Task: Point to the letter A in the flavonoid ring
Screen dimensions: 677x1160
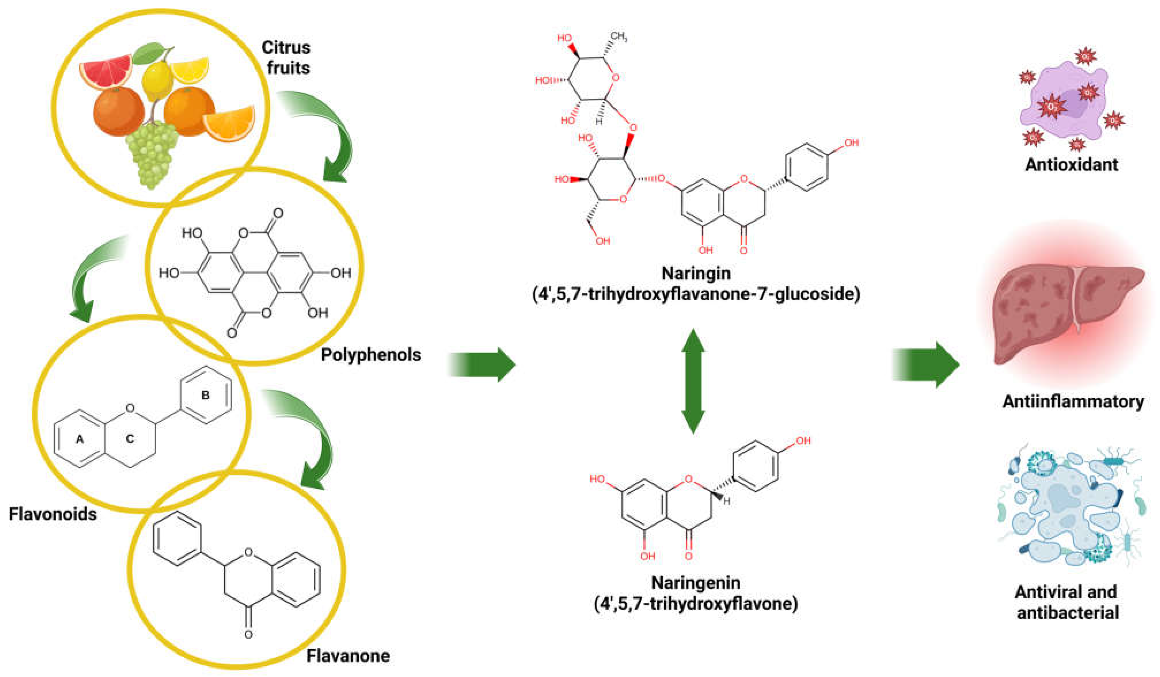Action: tap(80, 439)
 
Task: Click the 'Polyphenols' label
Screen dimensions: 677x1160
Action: tap(370, 355)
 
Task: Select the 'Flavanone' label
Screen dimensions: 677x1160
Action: tap(348, 655)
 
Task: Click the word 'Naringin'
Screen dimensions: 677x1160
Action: tap(695, 273)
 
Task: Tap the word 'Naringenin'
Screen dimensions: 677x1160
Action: tap(695, 583)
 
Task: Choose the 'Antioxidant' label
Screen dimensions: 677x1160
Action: tap(1071, 164)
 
